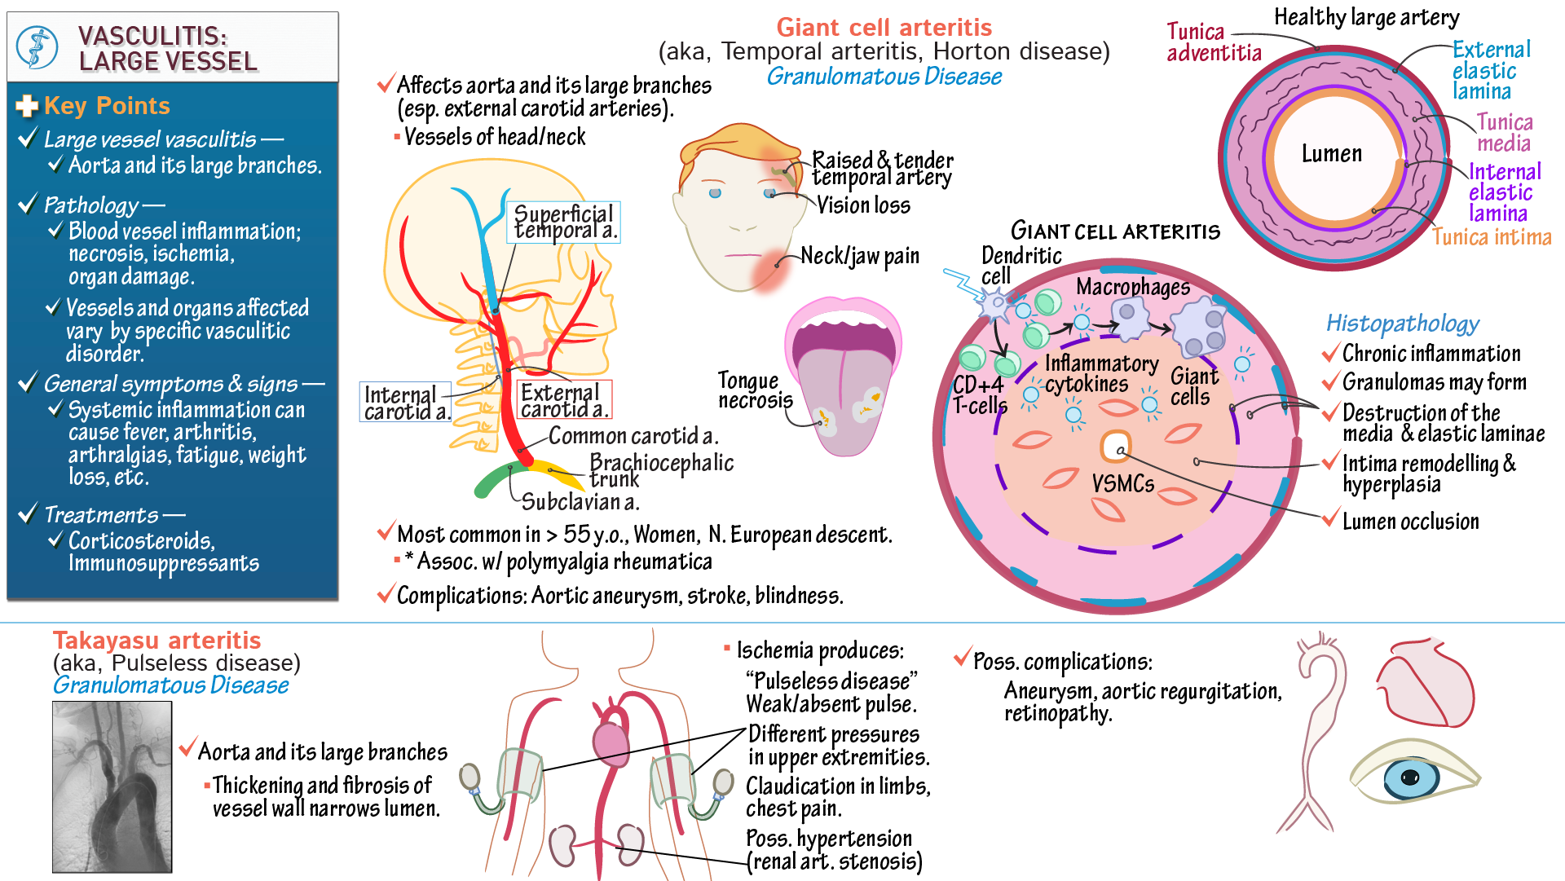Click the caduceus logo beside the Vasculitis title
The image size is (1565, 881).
tap(37, 47)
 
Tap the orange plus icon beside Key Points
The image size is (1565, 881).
tap(27, 106)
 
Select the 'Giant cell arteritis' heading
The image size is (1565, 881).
tap(884, 28)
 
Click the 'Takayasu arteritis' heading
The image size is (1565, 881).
tap(156, 641)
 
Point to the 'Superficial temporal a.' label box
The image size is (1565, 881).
tap(564, 222)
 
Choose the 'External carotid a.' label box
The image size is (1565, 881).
tap(563, 400)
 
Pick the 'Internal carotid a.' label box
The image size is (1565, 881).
tap(405, 403)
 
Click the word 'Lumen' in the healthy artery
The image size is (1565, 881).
tap(1331, 154)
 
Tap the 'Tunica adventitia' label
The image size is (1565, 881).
tap(1213, 42)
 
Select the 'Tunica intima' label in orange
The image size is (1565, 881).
tap(1491, 237)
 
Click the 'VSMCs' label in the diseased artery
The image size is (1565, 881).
tap(1122, 484)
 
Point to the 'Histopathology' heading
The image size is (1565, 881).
tap(1402, 324)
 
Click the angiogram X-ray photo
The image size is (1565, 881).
tap(112, 786)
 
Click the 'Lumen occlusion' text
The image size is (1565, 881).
tap(1410, 522)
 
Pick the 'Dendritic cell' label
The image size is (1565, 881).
tap(1021, 266)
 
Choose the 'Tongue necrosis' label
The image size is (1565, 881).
tap(754, 390)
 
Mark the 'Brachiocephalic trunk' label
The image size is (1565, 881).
tap(660, 470)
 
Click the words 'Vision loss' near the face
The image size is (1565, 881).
tap(863, 205)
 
